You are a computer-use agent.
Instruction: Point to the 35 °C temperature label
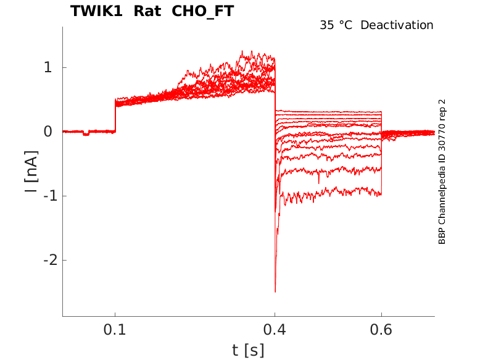337,25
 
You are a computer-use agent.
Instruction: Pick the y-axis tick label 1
48,67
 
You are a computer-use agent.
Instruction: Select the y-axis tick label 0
48,132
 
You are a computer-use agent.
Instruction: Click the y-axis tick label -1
44,196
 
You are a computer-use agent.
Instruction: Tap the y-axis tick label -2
44,260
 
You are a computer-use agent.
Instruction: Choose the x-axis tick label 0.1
115,330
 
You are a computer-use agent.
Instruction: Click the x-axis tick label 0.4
275,330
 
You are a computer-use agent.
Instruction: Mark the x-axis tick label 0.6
381,330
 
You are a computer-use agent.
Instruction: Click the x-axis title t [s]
248,350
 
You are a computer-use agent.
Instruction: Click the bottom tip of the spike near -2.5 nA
275,291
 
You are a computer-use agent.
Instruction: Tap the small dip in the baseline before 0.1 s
86,134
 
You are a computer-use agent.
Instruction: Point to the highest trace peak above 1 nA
242,51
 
